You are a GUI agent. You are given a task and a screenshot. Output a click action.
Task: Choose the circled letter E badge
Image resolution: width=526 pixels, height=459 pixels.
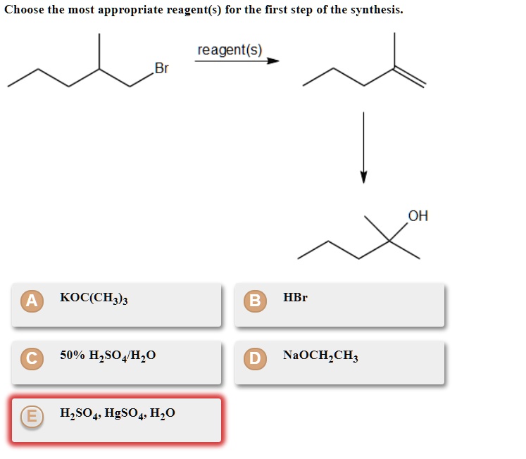30,417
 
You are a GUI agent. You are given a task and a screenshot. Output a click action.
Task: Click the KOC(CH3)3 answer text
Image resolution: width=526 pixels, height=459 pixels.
94,298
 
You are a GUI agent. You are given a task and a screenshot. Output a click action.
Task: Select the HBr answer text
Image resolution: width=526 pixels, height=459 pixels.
295,298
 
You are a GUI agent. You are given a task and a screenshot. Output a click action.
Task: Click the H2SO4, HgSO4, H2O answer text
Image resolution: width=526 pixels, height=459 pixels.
118,413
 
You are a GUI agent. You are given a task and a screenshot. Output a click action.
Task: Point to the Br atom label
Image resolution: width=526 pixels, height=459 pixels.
161,68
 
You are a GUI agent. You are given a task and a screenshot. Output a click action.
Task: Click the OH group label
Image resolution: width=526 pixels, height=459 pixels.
418,215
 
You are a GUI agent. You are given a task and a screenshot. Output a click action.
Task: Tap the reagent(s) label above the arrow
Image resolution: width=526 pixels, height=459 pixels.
230,50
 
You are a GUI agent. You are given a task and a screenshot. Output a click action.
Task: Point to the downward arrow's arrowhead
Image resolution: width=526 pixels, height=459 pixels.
363,177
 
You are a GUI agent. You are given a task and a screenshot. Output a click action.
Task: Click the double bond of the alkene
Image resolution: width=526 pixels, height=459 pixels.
410,77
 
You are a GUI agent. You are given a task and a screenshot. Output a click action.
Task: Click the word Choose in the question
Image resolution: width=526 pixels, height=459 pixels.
23,10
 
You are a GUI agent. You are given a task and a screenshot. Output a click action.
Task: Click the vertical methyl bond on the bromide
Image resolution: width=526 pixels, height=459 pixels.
99,51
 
